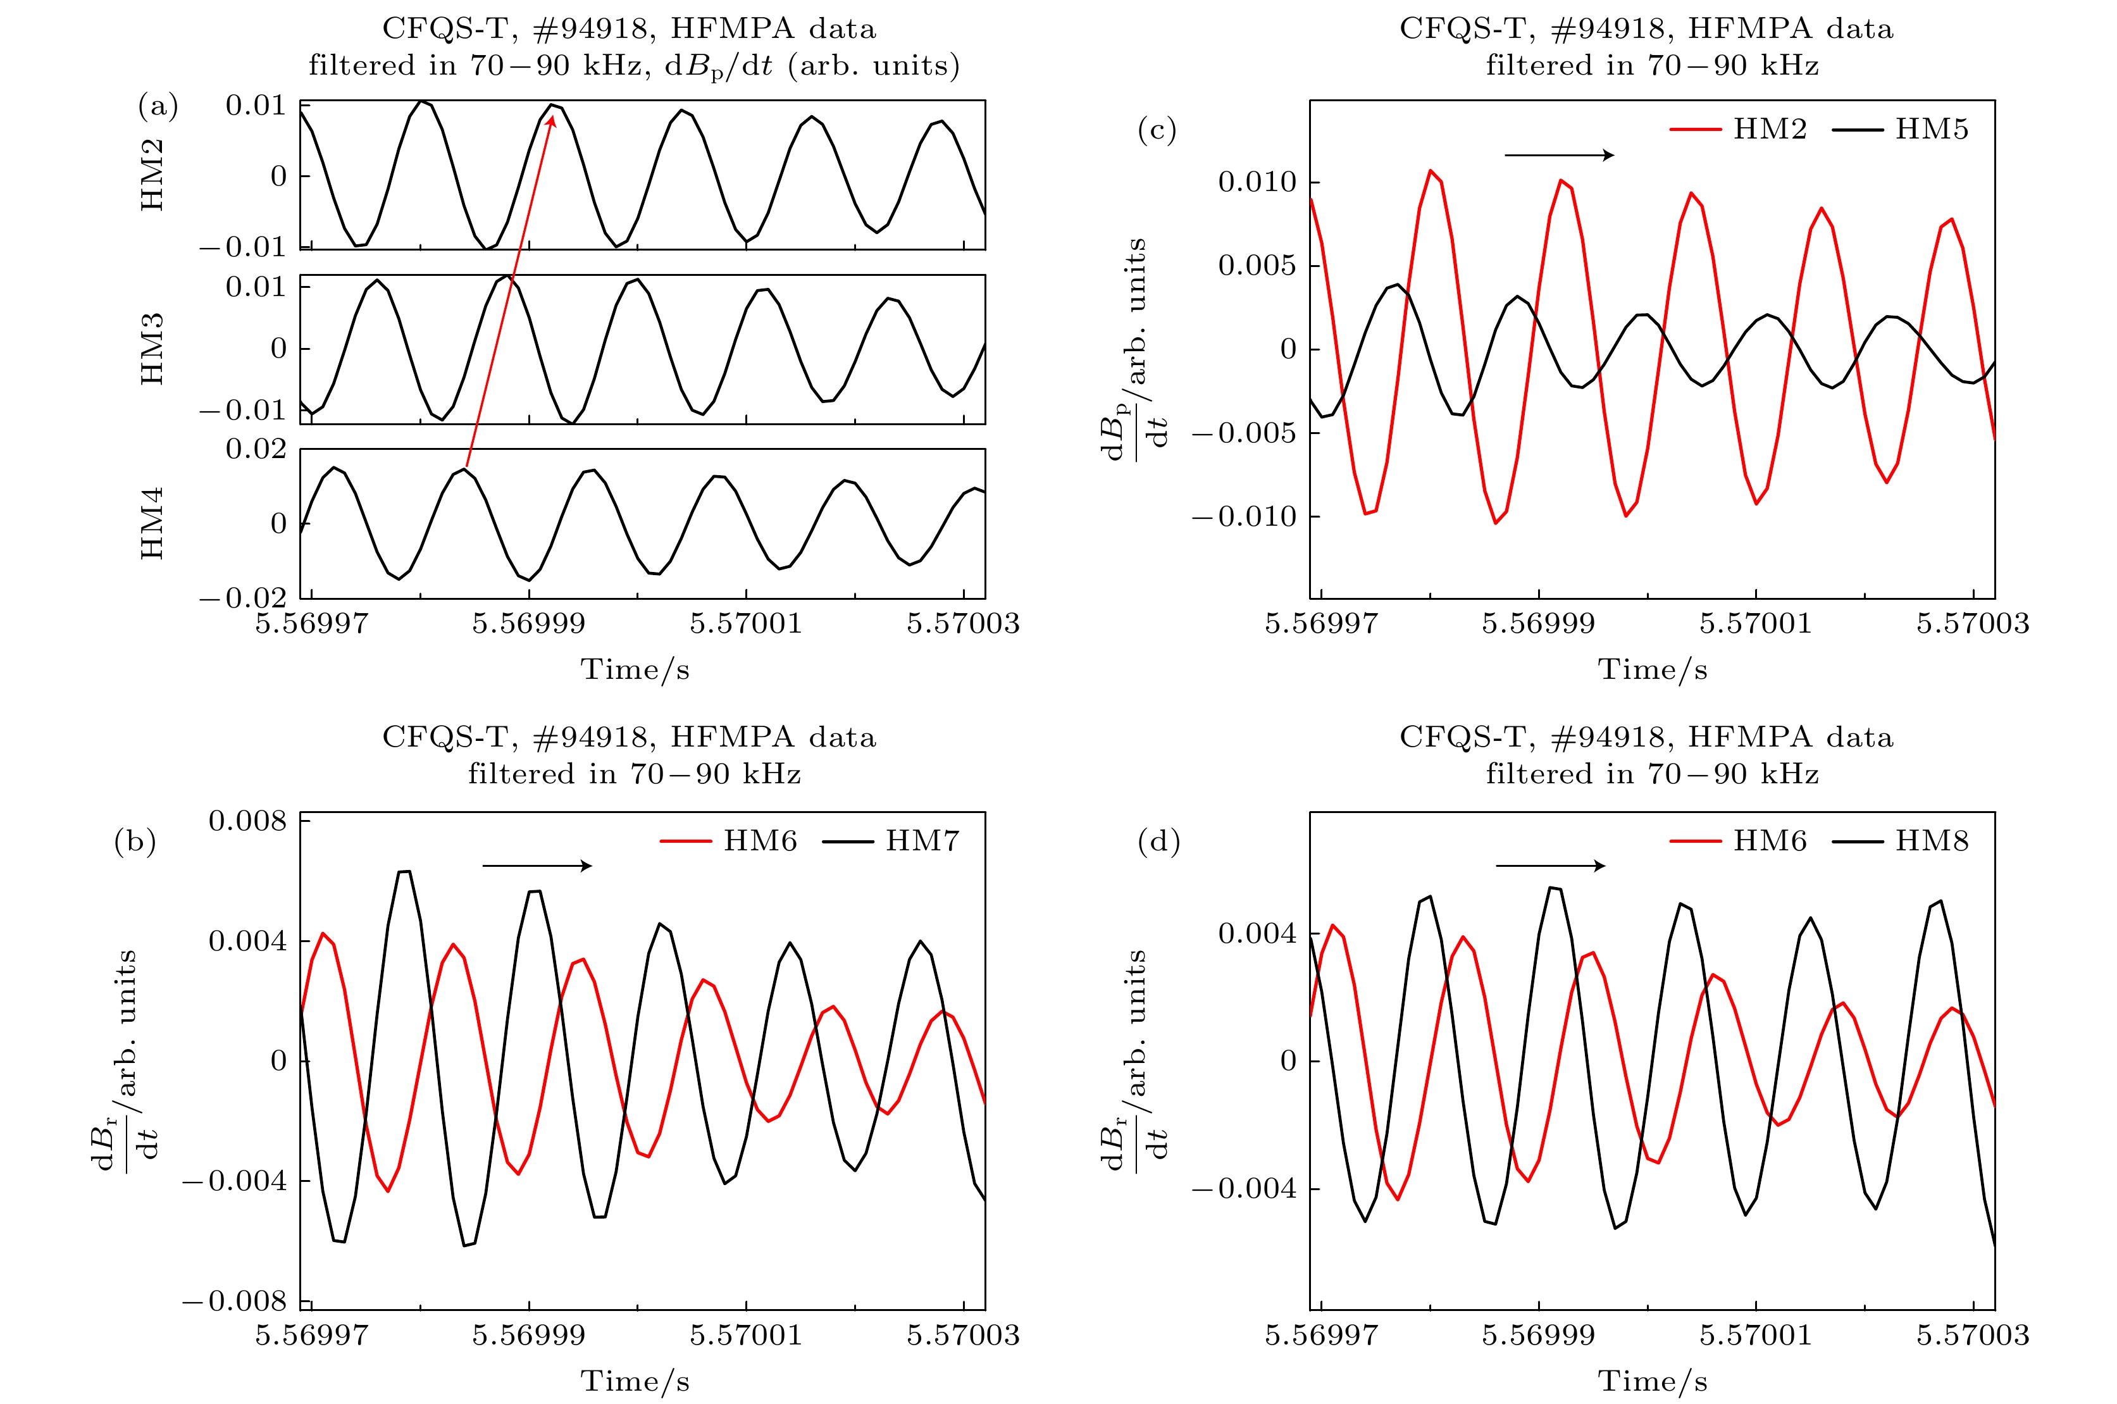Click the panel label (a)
click(158, 106)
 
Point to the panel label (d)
click(1158, 841)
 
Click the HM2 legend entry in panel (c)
click(1737, 129)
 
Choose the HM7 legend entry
click(891, 841)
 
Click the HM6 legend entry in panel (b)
click(729, 841)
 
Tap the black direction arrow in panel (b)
click(537, 866)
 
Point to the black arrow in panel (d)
click(1550, 866)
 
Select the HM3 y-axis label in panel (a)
click(152, 349)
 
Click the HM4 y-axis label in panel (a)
click(152, 524)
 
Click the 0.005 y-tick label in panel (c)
click(1257, 266)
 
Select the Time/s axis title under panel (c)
click(1653, 670)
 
